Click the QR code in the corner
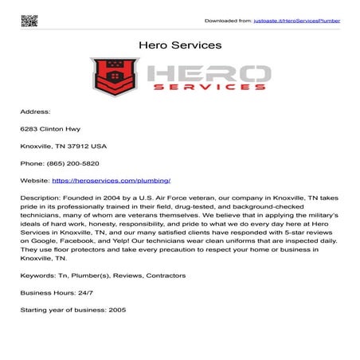29,20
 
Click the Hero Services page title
180,45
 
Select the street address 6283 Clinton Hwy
50,129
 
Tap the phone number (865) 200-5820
82,163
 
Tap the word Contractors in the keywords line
163,276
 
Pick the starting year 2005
117,309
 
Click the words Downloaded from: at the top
229,20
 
